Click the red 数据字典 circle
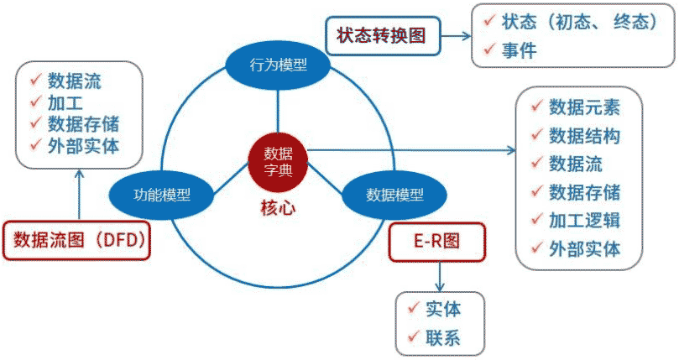pyautogui.click(x=278, y=162)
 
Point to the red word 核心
pyautogui.click(x=278, y=208)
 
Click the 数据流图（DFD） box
pyautogui.click(x=81, y=241)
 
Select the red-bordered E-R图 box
pyautogui.click(x=437, y=242)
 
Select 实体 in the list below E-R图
pyautogui.click(x=443, y=308)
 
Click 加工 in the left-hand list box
pyautogui.click(x=64, y=102)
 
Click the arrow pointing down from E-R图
pyautogui.click(x=438, y=274)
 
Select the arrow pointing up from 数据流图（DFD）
pyautogui.click(x=80, y=193)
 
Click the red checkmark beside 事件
pyautogui.click(x=487, y=51)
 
